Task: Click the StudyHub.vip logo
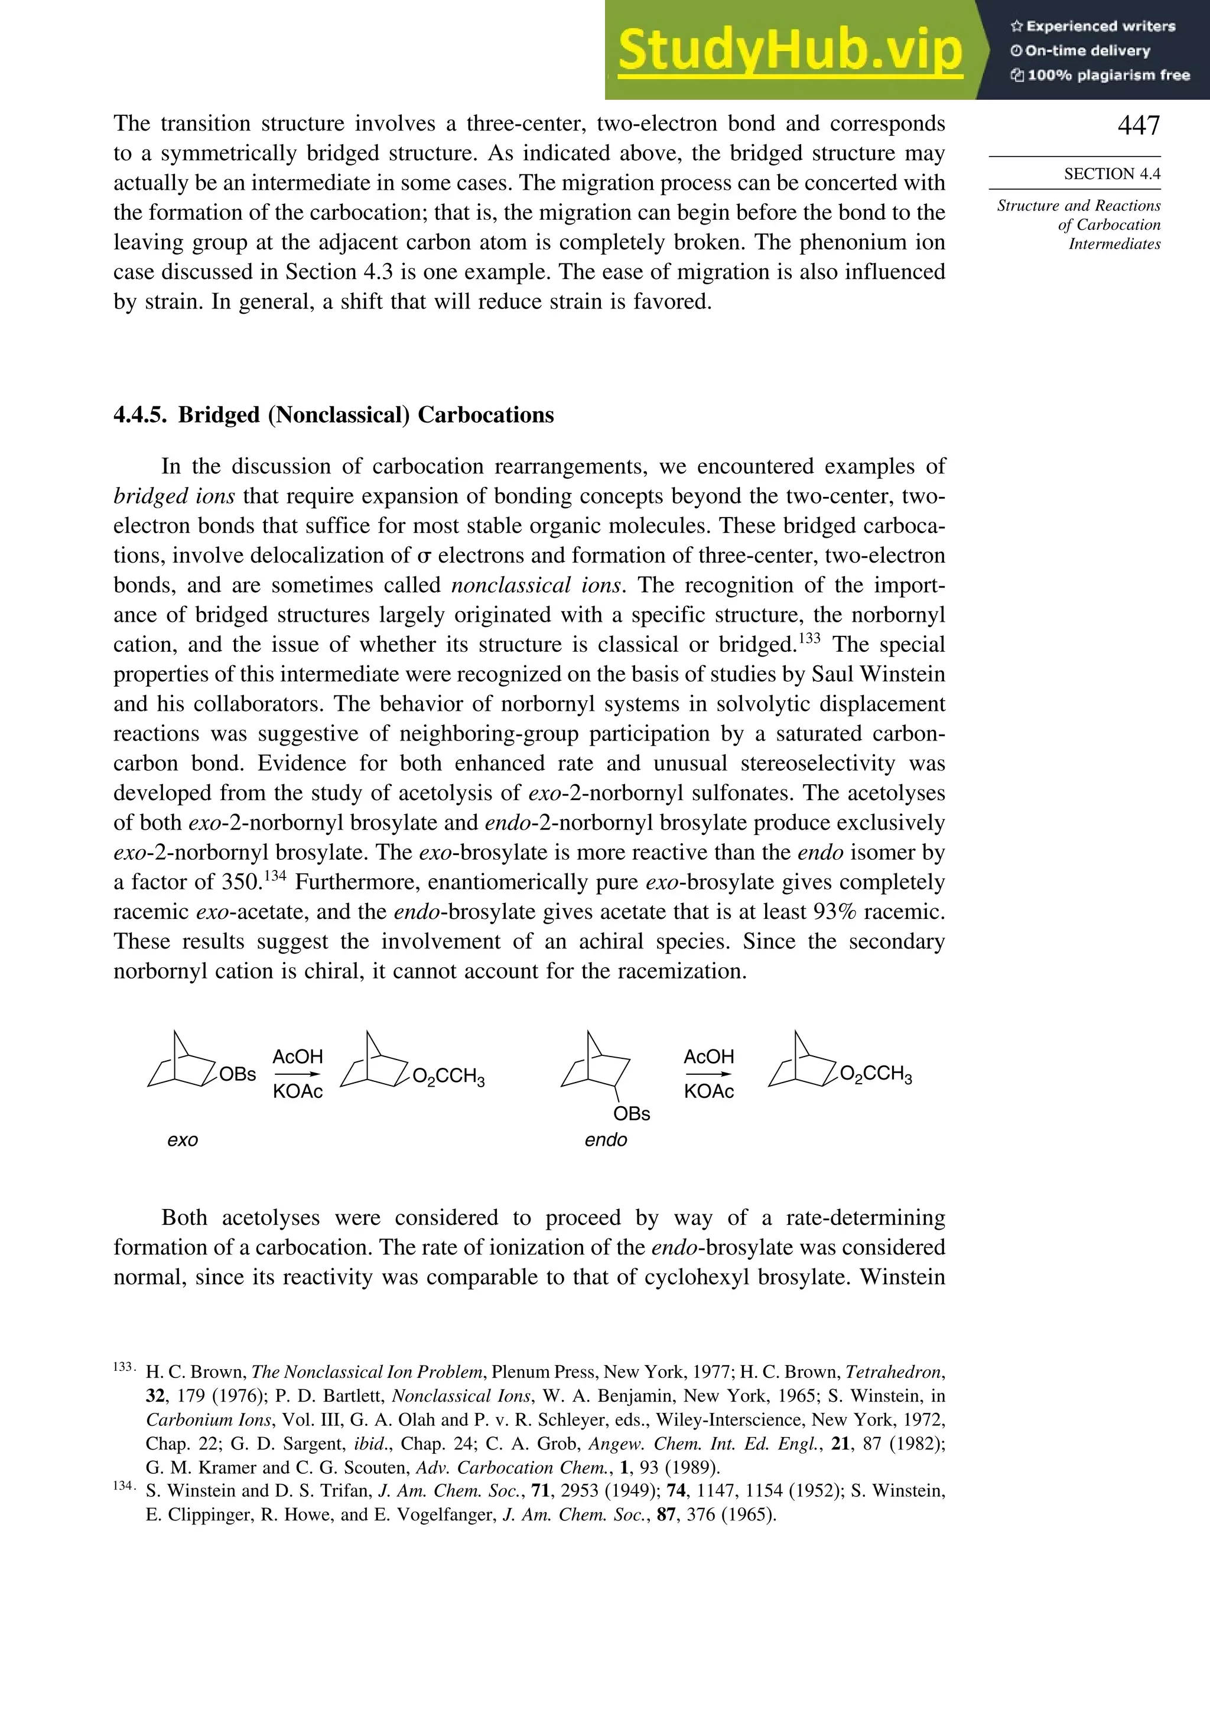pos(790,50)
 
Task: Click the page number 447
pos(1139,125)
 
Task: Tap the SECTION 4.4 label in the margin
pos(1111,174)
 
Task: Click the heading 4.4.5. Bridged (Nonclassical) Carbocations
pos(334,415)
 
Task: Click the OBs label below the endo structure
pos(631,1114)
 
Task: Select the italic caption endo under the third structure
pos(606,1140)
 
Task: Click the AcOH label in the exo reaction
pos(297,1057)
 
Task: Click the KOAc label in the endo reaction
pos(708,1092)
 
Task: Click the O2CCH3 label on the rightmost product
pos(875,1075)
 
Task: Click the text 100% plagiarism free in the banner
pos(1108,75)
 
